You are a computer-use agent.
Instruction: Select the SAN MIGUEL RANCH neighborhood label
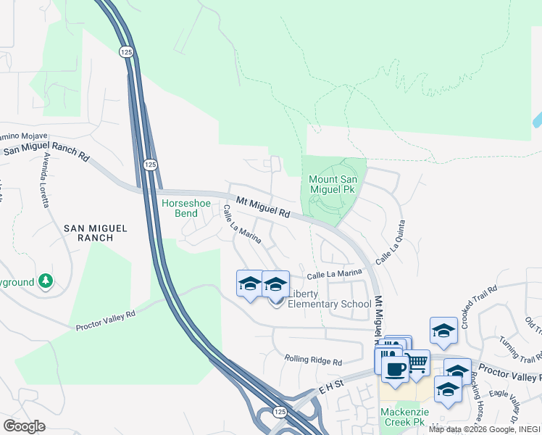coord(95,233)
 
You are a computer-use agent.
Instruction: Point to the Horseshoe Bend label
coord(185,209)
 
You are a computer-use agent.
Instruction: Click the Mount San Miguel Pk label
coord(334,184)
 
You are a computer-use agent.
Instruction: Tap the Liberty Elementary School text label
coord(330,299)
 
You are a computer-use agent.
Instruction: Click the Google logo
coord(25,426)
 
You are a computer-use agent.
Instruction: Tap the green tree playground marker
coord(46,280)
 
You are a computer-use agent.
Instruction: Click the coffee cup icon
coord(395,369)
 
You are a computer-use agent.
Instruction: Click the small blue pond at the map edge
coord(536,119)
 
